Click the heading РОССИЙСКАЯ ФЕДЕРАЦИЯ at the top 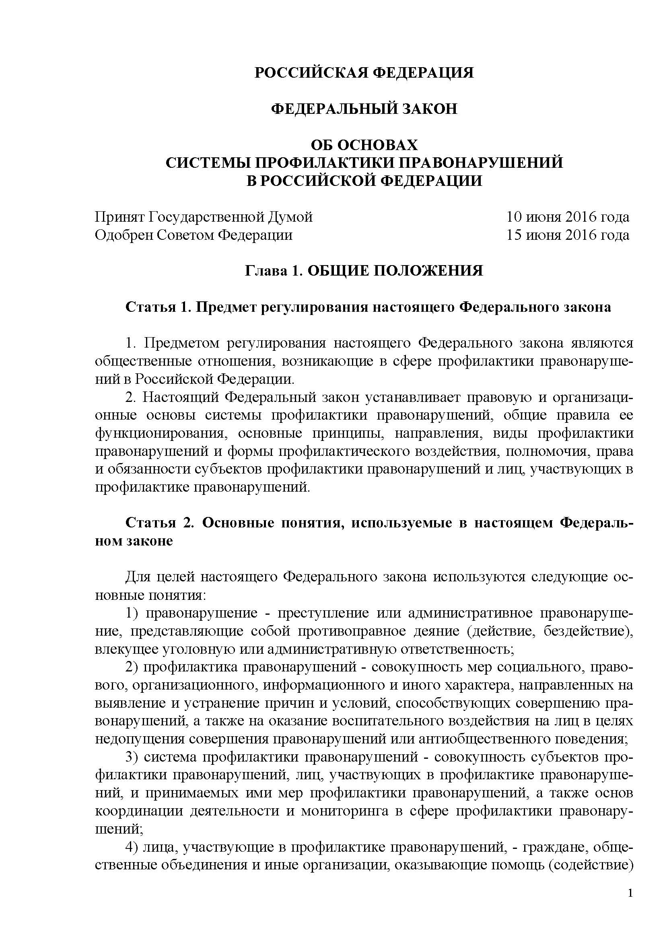[364, 73]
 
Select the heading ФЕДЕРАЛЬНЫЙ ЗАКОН [364, 109]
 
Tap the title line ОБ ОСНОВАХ [364, 145]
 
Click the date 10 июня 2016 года [568, 217]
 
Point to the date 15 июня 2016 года [568, 235]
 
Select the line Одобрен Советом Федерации [194, 235]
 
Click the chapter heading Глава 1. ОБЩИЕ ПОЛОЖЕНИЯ [364, 271]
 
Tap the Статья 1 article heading [368, 307]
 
